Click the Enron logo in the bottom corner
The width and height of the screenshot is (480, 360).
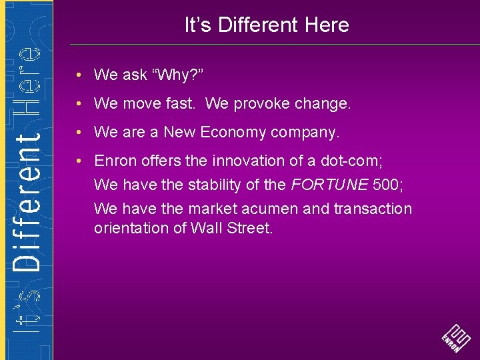click(456, 337)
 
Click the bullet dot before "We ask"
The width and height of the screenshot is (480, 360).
click(79, 75)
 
